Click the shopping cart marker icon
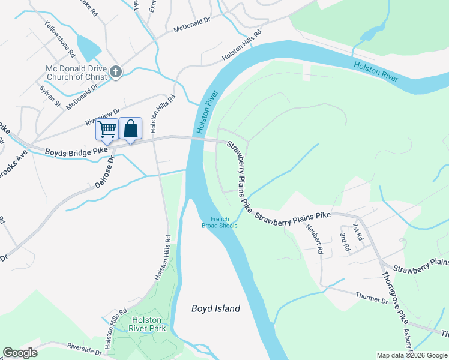[x=107, y=129]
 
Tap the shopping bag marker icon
[x=130, y=128]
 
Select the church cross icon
[x=116, y=73]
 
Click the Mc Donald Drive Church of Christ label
[x=76, y=73]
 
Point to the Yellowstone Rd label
[x=59, y=39]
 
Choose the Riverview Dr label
[x=103, y=116]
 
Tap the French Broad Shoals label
[x=224, y=222]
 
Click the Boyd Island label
[x=215, y=308]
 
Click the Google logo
[x=20, y=353]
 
